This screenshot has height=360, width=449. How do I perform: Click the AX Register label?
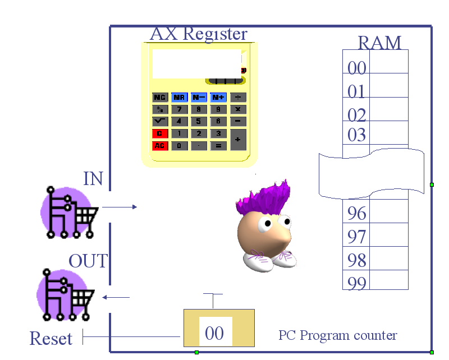coord(198,34)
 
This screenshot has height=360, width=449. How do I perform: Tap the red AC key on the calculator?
coord(160,146)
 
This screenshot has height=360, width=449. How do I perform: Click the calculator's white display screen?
coord(196,63)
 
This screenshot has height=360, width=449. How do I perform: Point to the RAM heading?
coord(379,43)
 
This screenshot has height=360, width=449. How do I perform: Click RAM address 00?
coord(357,68)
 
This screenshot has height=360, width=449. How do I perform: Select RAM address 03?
coord(357,135)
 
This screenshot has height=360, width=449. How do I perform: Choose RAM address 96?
coord(357,213)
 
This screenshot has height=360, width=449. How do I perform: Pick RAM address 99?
coord(357,283)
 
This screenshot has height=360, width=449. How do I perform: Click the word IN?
coord(93,178)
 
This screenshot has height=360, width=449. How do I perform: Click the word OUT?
coord(88,261)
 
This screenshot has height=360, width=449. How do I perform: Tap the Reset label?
coord(51,339)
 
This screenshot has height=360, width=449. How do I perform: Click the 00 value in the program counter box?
coord(214,334)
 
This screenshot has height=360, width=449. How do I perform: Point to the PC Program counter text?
coord(338,335)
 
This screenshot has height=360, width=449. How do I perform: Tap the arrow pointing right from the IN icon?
coord(120,207)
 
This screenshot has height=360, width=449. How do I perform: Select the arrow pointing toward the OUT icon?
coord(117,297)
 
